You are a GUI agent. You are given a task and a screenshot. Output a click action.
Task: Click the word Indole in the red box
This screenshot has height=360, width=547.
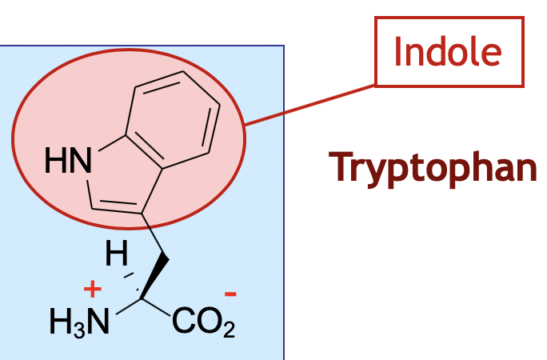pyautogui.click(x=448, y=51)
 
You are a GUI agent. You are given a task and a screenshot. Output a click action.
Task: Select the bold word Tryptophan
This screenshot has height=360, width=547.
pyautogui.click(x=433, y=166)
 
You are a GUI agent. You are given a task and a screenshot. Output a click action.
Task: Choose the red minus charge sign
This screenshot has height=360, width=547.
pyautogui.click(x=230, y=294)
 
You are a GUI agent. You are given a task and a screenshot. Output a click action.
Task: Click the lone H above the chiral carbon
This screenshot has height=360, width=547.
pyautogui.click(x=117, y=256)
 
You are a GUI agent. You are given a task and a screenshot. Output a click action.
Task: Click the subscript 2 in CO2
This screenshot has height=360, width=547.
pyautogui.click(x=229, y=329)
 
